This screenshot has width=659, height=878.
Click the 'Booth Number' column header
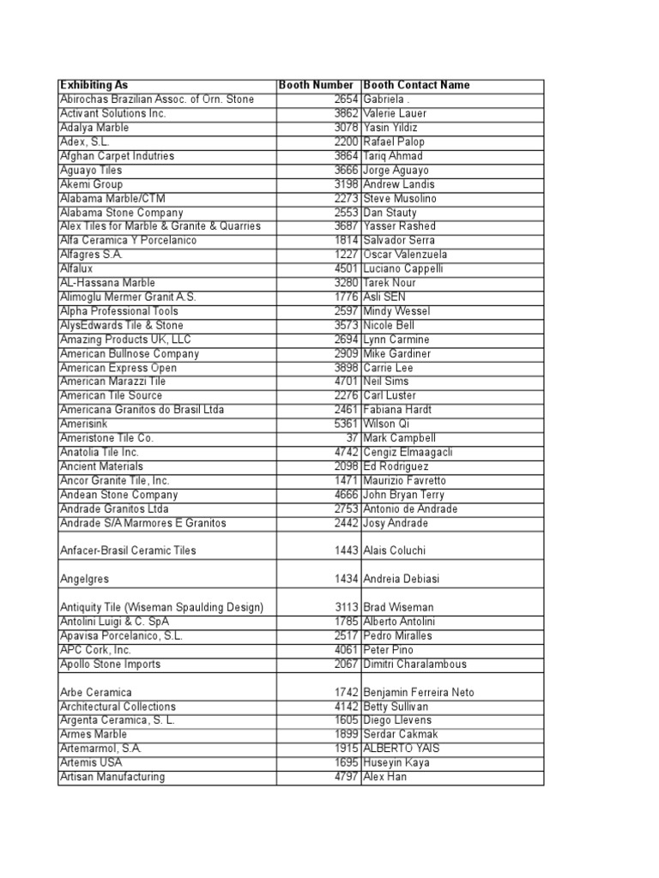(316, 85)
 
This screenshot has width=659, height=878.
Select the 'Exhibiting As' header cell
(94, 85)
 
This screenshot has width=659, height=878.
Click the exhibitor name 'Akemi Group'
(92, 184)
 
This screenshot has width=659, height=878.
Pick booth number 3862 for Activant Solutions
(345, 113)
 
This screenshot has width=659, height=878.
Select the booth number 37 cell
(352, 438)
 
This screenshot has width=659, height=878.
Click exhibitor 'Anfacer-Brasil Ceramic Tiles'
(127, 550)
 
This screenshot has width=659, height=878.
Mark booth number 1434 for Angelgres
(345, 579)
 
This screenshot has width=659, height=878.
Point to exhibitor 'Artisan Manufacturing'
(112, 777)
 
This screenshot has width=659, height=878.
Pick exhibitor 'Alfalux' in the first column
(76, 268)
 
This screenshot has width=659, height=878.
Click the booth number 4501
(345, 268)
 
